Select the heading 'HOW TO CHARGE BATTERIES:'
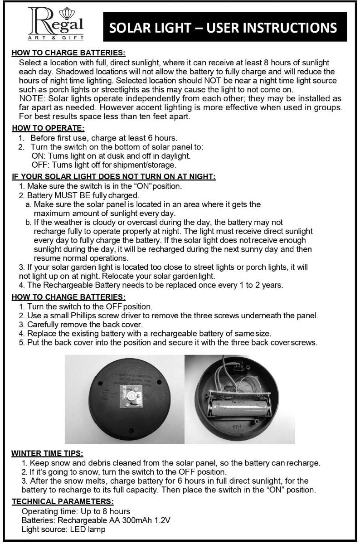[68, 53]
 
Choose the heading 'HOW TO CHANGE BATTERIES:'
[68, 297]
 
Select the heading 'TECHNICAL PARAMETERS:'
[62, 501]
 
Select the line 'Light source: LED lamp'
[63, 529]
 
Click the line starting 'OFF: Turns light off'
[103, 165]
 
